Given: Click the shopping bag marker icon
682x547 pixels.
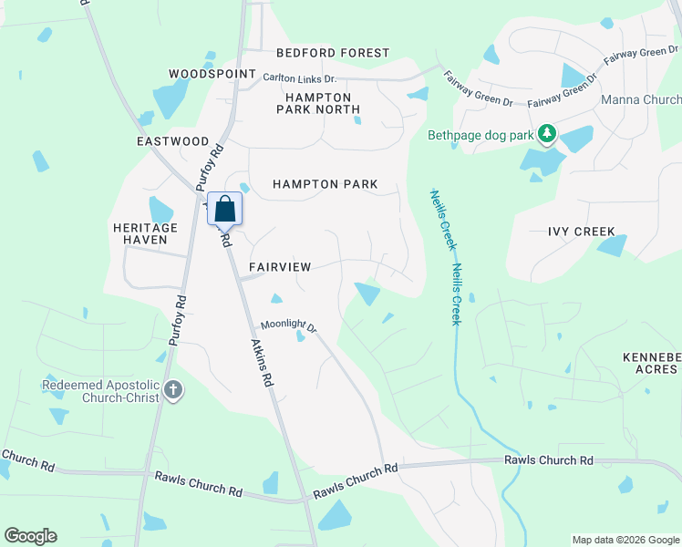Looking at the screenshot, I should [225, 210].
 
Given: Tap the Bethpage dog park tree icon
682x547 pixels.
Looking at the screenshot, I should [547, 136].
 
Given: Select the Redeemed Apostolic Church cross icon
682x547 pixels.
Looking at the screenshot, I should [173, 391].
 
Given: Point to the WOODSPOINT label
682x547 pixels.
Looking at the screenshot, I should [212, 73].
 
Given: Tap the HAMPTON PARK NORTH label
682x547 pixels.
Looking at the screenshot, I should [318, 103].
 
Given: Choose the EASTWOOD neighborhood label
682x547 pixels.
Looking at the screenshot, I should [173, 142].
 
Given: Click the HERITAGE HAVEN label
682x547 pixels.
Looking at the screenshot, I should [146, 233].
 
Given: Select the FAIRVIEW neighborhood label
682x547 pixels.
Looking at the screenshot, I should [280, 267].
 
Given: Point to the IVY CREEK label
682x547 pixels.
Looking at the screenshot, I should [582, 232].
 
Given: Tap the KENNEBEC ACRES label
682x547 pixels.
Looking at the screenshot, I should [650, 363].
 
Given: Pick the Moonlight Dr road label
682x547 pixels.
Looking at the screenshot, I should [288, 325].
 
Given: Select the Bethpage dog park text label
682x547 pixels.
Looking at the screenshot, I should [480, 136].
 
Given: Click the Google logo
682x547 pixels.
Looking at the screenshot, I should [30, 536].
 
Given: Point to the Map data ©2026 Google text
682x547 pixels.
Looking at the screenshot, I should [625, 540].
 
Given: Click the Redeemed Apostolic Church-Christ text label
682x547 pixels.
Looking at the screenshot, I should [100, 391].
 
